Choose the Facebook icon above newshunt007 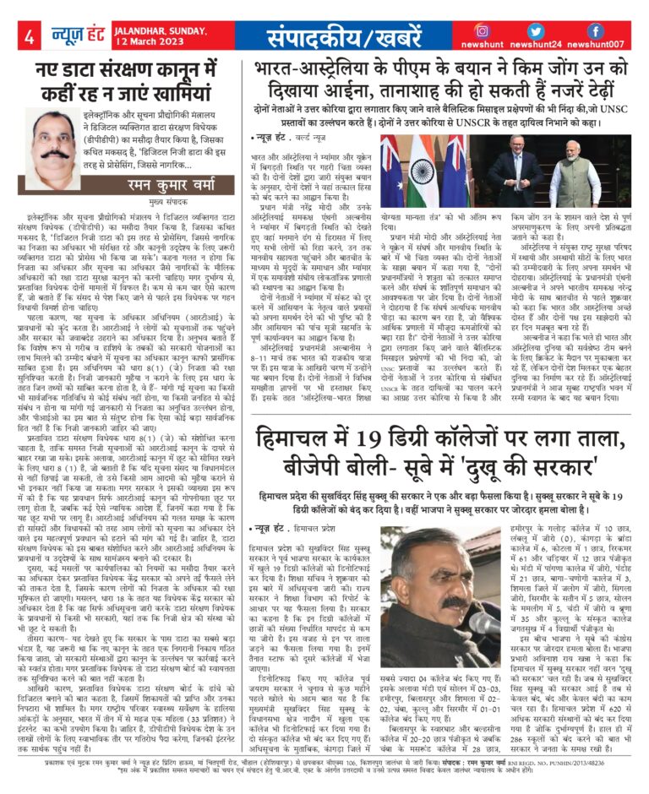pos(596,30)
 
